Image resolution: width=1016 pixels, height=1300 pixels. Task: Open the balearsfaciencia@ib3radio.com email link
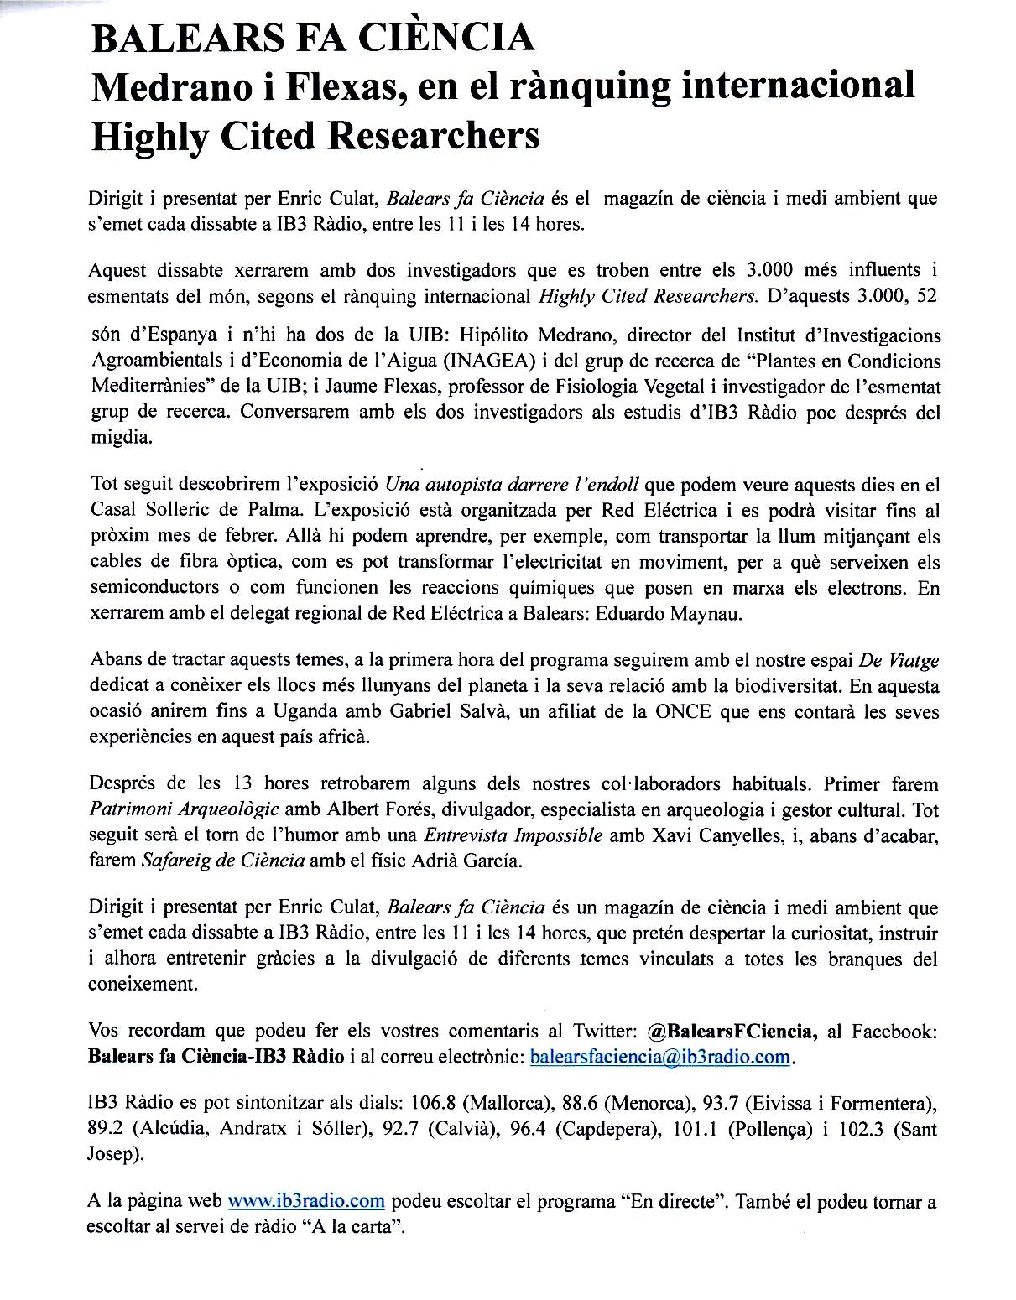pos(661,1057)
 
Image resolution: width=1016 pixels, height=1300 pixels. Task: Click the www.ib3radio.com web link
pos(306,1201)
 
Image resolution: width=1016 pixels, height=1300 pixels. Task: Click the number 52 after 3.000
pos(926,296)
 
